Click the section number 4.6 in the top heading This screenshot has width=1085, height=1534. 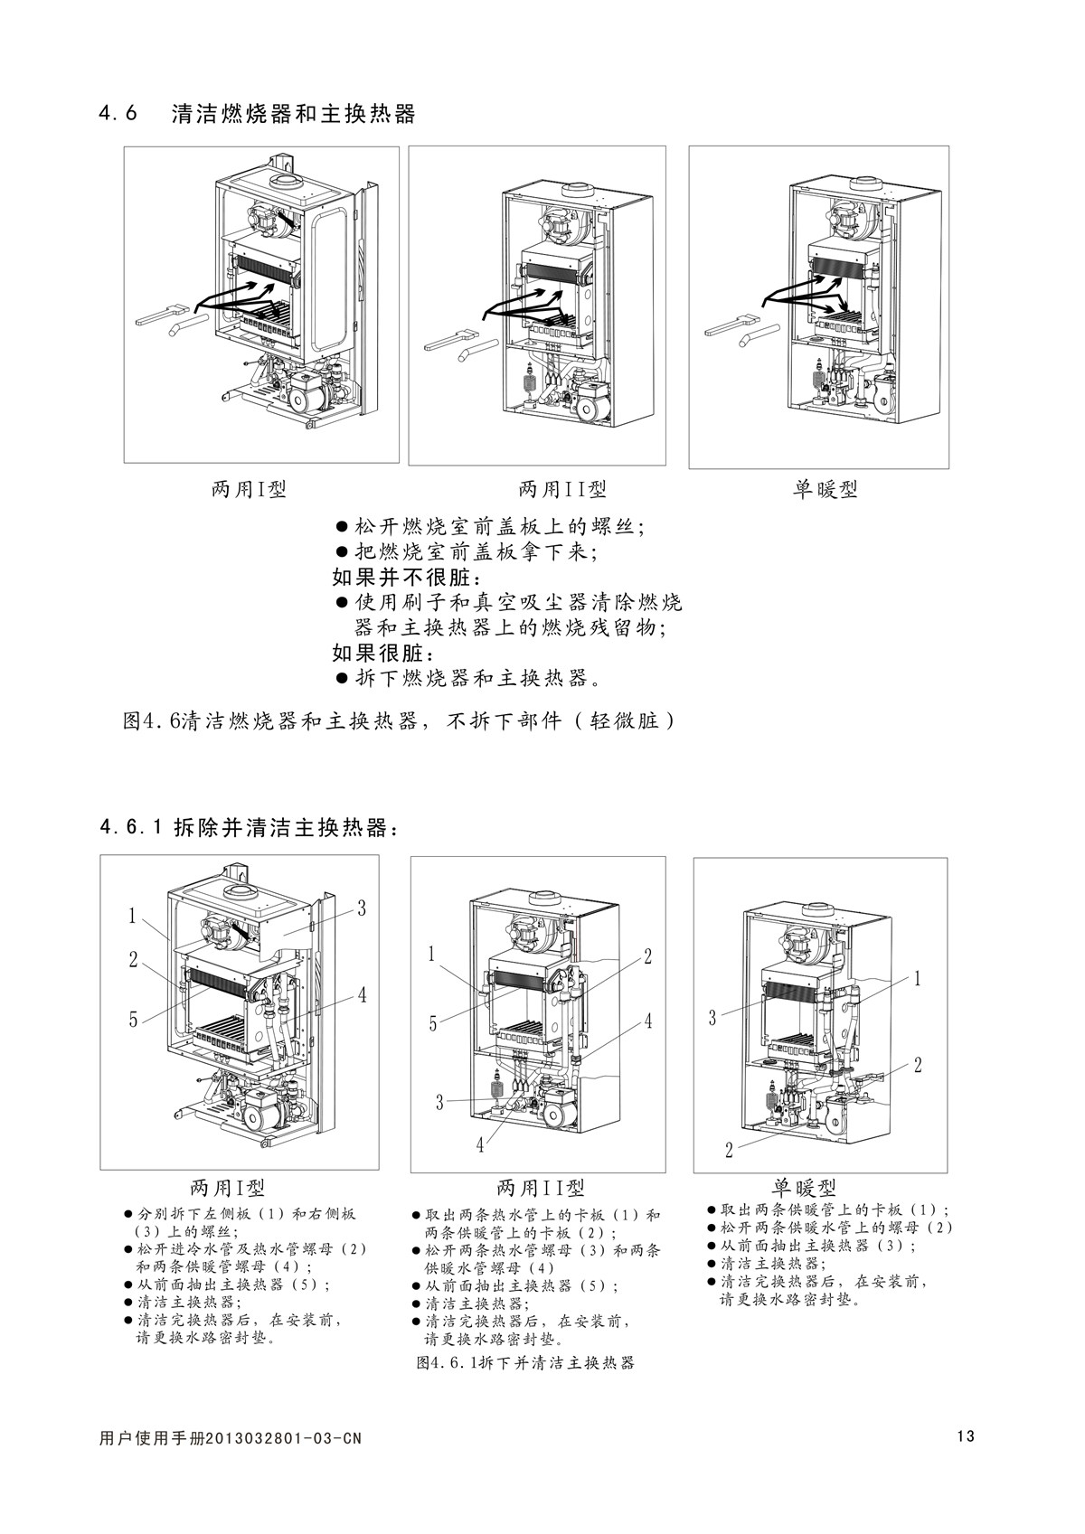[x=118, y=115]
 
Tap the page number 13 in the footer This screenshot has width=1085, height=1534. [x=965, y=1436]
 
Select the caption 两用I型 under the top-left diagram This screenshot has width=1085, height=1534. [x=249, y=490]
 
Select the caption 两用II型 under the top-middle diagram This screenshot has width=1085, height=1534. [x=562, y=490]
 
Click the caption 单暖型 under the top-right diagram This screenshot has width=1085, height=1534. [x=826, y=490]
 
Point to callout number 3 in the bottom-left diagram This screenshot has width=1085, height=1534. [x=361, y=909]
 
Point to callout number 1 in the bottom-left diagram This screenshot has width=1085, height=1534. [x=132, y=916]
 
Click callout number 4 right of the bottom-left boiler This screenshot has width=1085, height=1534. [x=362, y=995]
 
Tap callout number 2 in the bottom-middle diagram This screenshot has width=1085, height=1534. [x=647, y=956]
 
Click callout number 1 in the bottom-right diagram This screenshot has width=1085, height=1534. [x=917, y=978]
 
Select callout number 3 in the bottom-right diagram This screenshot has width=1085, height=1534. [x=712, y=1018]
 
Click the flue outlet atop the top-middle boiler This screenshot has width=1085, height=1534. [x=577, y=192]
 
